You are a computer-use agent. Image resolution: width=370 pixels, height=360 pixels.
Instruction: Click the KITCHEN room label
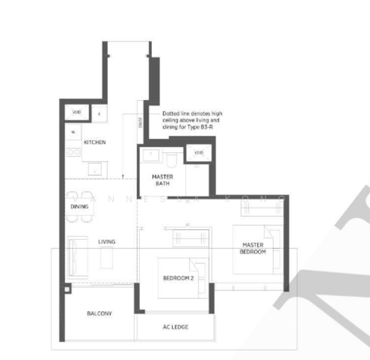tap(95, 142)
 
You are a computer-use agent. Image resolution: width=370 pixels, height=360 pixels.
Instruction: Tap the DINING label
tap(79, 206)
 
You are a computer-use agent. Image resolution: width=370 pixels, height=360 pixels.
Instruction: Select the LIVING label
tap(107, 242)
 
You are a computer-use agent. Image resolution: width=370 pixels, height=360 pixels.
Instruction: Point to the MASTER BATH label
tap(162, 180)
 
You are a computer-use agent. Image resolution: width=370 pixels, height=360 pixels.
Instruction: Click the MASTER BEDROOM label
tap(253, 248)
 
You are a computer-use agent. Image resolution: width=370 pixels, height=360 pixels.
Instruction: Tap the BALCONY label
tap(99, 314)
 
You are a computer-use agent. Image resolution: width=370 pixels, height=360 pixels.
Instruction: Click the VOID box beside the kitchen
tap(77, 112)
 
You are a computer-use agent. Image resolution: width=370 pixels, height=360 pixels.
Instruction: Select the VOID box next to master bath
tap(199, 153)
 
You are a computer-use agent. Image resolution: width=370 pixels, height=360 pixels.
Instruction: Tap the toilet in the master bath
tap(172, 158)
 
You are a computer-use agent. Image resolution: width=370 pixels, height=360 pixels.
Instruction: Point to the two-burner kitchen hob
tap(73, 152)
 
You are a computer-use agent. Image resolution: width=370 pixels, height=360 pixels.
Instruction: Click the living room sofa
tap(78, 256)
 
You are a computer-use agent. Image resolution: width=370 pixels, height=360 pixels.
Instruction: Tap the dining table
tap(80, 206)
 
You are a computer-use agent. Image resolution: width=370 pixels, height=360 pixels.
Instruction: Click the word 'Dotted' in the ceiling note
tap(170, 112)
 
